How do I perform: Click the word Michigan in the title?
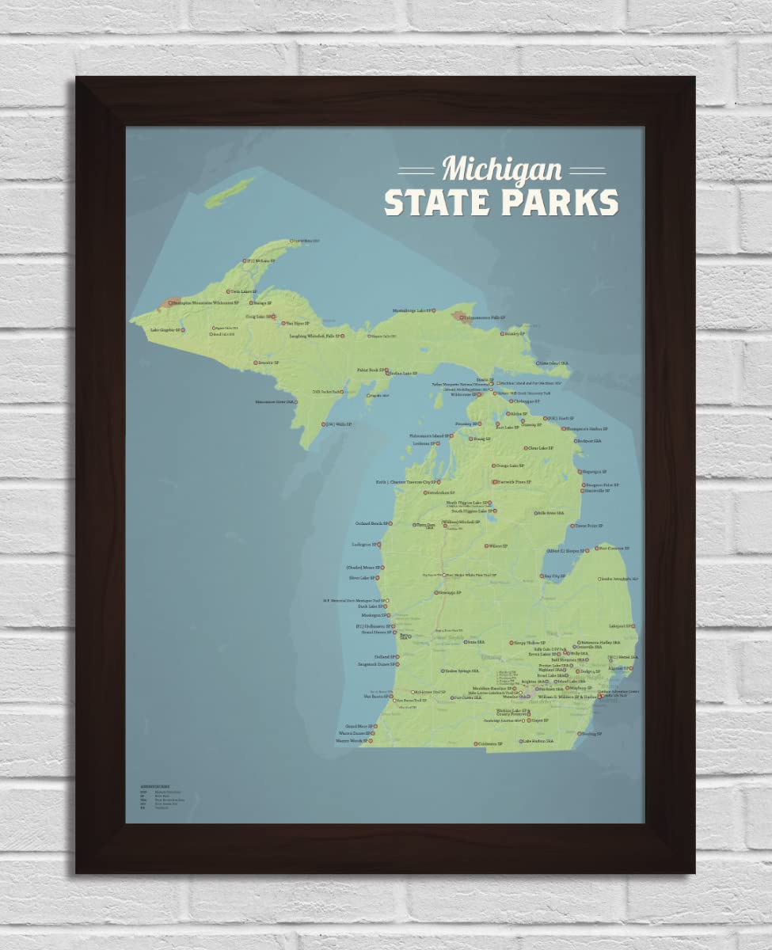[x=502, y=169]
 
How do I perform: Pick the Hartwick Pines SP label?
[x=513, y=481]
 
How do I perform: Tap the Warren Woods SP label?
[x=351, y=741]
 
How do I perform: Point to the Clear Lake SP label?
[x=540, y=448]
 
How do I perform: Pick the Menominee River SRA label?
[x=276, y=402]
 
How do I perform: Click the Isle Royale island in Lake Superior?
[x=230, y=192]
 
